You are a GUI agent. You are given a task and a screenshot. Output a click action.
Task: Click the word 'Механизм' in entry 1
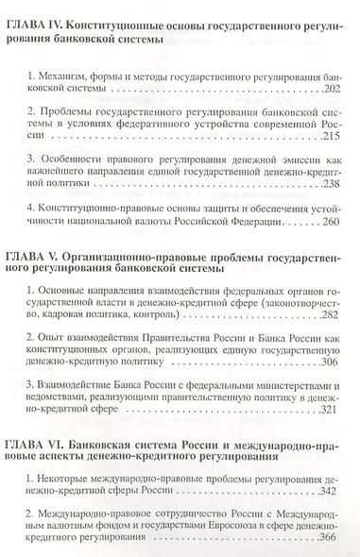65,73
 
